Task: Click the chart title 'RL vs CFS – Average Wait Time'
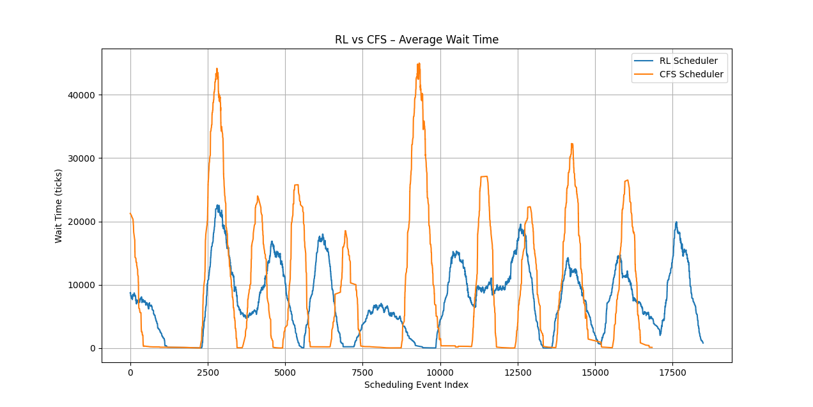click(416, 40)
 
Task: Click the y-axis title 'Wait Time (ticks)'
click(59, 206)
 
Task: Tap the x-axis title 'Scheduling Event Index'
click(416, 385)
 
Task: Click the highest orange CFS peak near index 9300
click(419, 63)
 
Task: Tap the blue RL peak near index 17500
click(676, 222)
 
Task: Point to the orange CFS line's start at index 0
click(130, 213)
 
